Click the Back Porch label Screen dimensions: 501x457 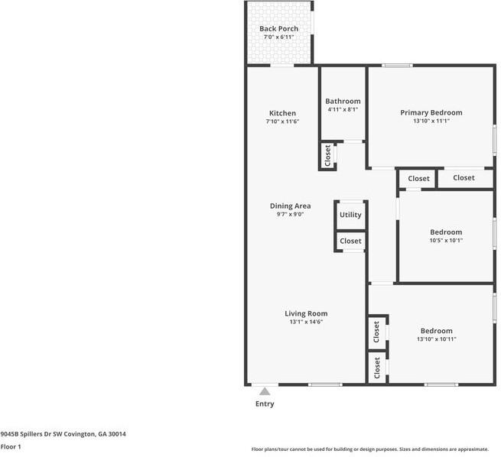(278, 29)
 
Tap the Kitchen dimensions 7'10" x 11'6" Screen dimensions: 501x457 (282, 122)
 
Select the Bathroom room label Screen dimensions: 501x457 (343, 101)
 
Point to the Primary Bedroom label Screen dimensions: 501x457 (431, 112)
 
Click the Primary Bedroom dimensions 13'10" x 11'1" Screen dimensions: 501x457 (431, 121)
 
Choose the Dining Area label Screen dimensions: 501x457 (290, 206)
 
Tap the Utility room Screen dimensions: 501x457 (350, 215)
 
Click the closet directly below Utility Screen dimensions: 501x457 (350, 241)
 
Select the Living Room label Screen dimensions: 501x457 (306, 313)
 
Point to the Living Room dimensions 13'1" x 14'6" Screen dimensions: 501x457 (306, 322)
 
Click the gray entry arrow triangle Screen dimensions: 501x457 (265, 391)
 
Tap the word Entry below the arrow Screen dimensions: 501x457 (265, 404)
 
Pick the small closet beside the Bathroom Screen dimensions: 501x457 (327, 155)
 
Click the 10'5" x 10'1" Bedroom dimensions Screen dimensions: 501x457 (446, 240)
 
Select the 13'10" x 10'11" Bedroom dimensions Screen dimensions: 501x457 (437, 339)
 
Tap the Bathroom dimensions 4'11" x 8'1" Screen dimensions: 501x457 (343, 109)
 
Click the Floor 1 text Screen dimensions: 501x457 (11, 447)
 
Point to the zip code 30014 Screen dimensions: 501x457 (117, 434)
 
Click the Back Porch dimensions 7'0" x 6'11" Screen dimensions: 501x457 (278, 37)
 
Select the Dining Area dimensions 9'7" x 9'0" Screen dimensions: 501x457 (290, 214)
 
